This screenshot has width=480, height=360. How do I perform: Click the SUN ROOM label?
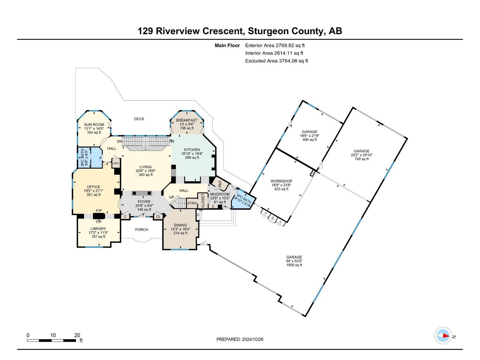point(94,124)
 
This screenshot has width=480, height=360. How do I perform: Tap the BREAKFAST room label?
point(187,120)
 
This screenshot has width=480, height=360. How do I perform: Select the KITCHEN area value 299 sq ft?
point(192,157)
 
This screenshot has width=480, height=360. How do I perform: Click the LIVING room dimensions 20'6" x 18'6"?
point(145,171)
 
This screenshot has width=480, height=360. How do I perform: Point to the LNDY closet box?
point(116,163)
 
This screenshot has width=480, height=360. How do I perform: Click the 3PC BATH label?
point(82,158)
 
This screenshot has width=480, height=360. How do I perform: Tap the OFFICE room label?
point(94,187)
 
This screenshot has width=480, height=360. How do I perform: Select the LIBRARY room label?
point(98,229)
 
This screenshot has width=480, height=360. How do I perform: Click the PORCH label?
point(142,229)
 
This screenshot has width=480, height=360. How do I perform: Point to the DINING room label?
point(180,225)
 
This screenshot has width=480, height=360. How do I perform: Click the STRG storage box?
point(192,203)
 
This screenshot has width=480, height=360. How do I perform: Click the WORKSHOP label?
point(281,181)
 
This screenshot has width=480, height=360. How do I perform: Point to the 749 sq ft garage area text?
point(361,159)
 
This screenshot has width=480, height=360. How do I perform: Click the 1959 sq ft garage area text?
point(294,265)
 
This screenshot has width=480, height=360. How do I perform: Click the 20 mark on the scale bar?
point(77,335)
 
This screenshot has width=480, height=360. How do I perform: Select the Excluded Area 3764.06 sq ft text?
point(276,61)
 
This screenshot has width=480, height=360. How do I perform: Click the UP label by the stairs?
point(172,197)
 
